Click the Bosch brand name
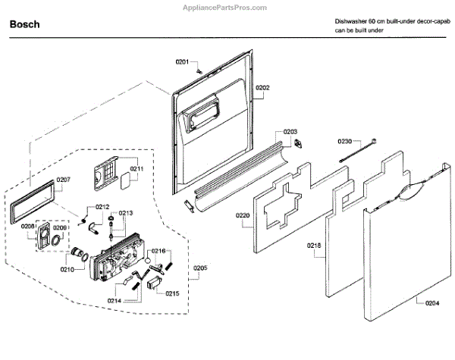[x=25, y=24]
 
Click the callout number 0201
[x=182, y=61]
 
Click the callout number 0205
[x=200, y=267]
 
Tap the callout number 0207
[x=63, y=180]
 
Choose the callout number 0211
[x=137, y=168]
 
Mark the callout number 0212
[x=102, y=206]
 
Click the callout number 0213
[x=125, y=213]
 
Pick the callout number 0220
[x=243, y=216]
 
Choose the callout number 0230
[x=345, y=142]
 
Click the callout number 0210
[x=67, y=268]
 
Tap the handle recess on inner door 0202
[x=199, y=117]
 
